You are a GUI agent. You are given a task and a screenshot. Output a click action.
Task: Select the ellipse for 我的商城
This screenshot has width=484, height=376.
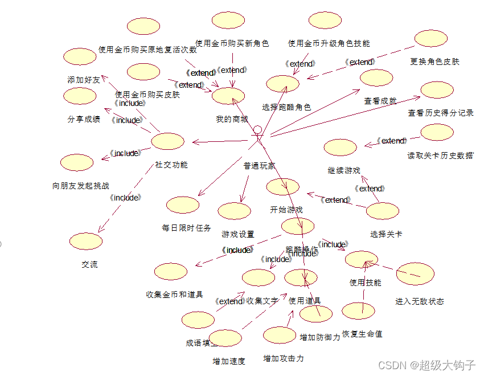tap(228, 96)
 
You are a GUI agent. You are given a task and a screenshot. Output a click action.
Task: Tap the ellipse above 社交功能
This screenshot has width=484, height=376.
tap(167, 141)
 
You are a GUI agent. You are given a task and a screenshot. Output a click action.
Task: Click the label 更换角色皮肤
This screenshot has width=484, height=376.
tap(434, 62)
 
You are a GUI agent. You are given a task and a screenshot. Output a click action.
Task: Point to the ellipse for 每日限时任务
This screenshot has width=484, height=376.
tap(183, 205)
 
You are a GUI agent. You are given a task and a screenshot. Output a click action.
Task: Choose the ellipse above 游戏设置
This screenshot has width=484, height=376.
tap(234, 211)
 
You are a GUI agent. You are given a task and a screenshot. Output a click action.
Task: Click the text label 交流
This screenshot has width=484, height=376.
tap(89, 264)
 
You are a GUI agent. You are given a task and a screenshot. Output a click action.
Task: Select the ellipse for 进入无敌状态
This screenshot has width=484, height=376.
tap(415, 274)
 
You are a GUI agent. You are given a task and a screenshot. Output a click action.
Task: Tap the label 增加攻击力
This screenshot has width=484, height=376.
tap(283, 358)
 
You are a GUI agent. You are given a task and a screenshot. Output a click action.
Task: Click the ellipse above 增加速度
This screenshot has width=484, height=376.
tap(226, 338)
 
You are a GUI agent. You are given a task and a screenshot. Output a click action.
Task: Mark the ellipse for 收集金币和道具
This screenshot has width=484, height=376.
tap(171, 272)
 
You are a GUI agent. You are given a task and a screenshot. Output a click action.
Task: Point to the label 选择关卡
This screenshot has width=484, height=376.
tap(385, 234)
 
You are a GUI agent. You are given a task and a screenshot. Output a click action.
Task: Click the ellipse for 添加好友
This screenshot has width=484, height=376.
tap(80, 56)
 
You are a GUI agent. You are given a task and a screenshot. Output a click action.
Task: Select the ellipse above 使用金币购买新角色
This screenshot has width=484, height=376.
tap(228, 21)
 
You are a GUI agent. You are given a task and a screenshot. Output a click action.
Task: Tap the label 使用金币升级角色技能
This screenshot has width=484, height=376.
tap(329, 43)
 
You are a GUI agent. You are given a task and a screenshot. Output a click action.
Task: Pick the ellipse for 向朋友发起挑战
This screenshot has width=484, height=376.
tap(77, 162)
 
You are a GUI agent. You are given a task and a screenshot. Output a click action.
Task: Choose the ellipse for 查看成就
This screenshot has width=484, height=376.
tap(376, 78)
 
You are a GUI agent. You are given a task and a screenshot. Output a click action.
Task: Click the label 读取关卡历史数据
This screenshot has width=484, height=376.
tap(440, 156)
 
